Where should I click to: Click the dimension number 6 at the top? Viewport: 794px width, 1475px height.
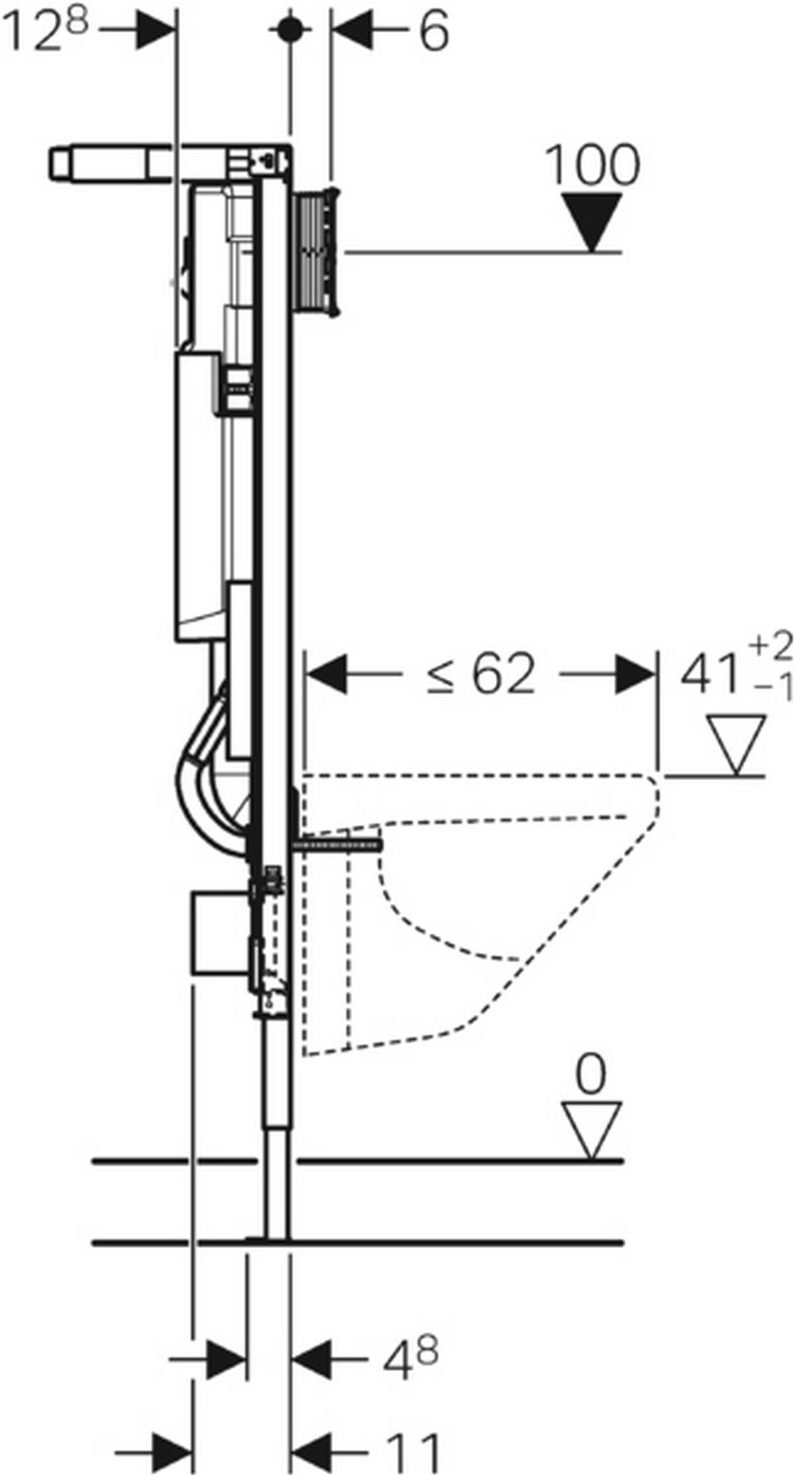(x=434, y=32)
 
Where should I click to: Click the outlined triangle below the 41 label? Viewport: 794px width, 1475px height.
(x=735, y=743)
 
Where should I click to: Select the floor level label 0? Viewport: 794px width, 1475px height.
(x=590, y=1075)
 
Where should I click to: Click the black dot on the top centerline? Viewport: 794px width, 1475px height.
(x=288, y=29)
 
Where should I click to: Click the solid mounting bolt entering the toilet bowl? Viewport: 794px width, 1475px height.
(x=341, y=846)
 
